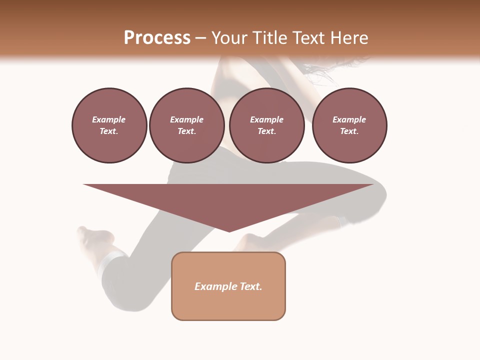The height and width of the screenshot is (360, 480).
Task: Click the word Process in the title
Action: pyautogui.click(x=157, y=38)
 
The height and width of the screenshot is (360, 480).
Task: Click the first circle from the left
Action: pyautogui.click(x=109, y=125)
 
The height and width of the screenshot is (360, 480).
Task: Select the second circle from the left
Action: pyautogui.click(x=186, y=125)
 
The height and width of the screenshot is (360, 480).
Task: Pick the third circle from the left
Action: pyautogui.click(x=266, y=125)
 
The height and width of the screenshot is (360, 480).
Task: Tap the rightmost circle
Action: pyautogui.click(x=349, y=125)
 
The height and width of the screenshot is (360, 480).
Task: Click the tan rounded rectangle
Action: pyautogui.click(x=228, y=286)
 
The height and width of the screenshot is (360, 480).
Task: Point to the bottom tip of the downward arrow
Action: pyautogui.click(x=229, y=231)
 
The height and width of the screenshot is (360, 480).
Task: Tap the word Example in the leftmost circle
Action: pyautogui.click(x=109, y=119)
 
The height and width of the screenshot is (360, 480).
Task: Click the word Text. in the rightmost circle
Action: pyautogui.click(x=349, y=131)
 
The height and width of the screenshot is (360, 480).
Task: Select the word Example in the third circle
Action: pyautogui.click(x=266, y=119)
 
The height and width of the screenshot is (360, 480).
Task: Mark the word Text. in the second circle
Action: pyautogui.click(x=186, y=131)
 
